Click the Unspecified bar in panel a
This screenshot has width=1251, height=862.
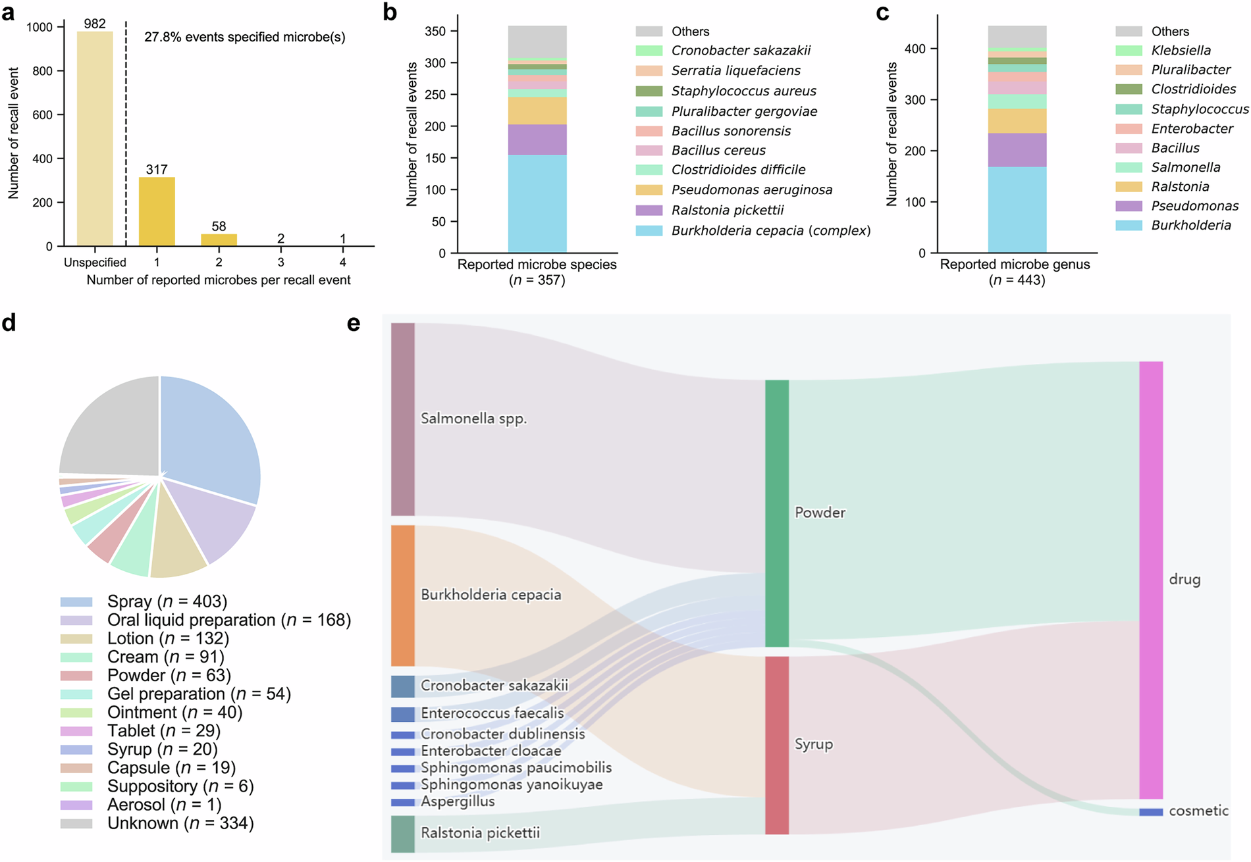coord(95,139)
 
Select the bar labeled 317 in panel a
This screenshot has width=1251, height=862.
coord(157,212)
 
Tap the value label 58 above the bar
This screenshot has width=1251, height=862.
coord(219,226)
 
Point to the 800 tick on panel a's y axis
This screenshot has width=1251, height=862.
coord(43,71)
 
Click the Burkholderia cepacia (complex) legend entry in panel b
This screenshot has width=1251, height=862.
coord(770,231)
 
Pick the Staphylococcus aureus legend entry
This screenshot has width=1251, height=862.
coord(743,91)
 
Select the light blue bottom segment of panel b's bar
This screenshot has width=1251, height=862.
coord(537,203)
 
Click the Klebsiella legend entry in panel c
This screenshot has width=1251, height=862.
coord(1181,51)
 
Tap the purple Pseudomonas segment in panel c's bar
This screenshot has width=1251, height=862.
coord(1017,150)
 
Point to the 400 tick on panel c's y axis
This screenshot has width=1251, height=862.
coord(917,49)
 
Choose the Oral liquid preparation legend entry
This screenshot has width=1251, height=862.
coord(228,621)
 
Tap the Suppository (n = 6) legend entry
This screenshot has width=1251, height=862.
coord(180,786)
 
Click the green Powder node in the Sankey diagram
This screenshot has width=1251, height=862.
coord(777,513)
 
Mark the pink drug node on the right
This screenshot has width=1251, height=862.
coord(1151,580)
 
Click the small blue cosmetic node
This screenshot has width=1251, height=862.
coord(1151,812)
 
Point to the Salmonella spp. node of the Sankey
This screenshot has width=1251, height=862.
coord(403,419)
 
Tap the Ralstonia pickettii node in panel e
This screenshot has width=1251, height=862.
coord(403,834)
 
